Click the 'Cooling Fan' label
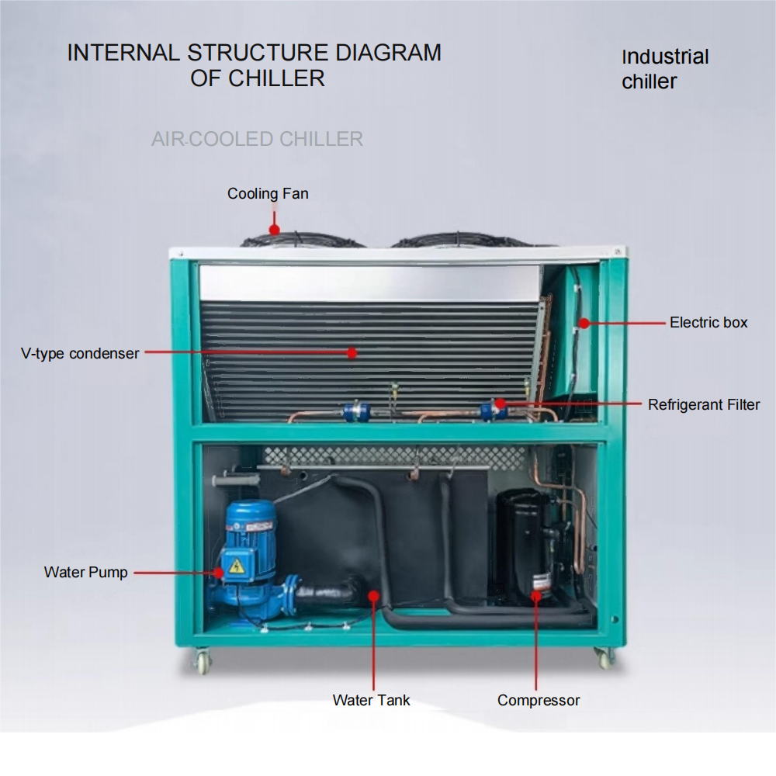tap(268, 194)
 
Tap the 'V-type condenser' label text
tap(80, 354)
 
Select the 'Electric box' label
tap(708, 322)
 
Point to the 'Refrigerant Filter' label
tap(704, 404)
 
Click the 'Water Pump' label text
tap(85, 573)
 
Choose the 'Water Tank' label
tap(371, 700)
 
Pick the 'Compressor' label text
tap(539, 700)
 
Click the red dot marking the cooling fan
tap(274, 229)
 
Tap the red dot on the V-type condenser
tap(352, 353)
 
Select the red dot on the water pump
tap(220, 573)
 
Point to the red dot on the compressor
tap(535, 596)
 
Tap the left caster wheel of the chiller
tap(203, 661)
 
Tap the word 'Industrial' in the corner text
tap(665, 57)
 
